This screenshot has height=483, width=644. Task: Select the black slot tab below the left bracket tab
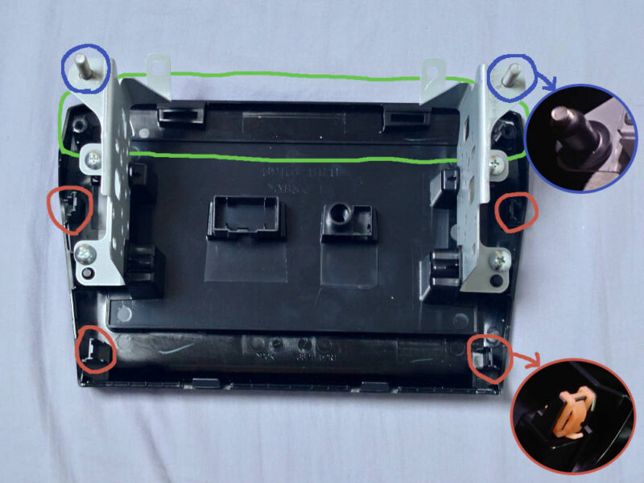[x=179, y=115]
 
